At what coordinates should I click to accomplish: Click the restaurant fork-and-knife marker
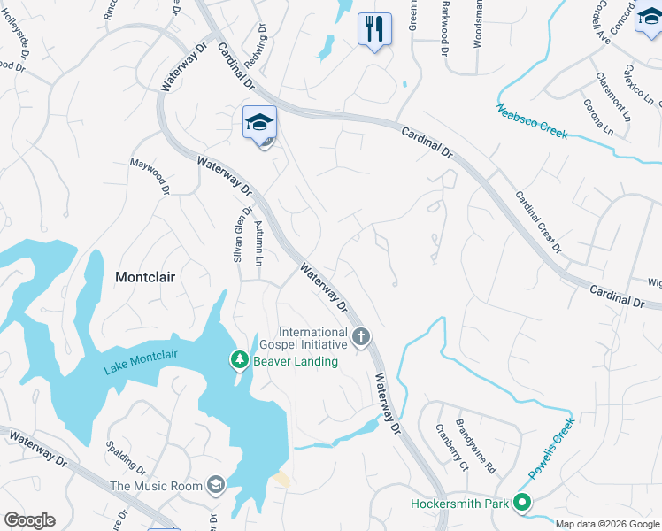(374, 28)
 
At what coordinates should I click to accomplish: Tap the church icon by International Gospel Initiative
(360, 336)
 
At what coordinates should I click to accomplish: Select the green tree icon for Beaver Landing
(238, 359)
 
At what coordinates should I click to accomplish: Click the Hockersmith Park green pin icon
(522, 504)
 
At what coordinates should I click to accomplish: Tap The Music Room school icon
(215, 484)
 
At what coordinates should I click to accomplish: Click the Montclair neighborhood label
(145, 277)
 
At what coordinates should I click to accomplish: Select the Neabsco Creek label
(531, 121)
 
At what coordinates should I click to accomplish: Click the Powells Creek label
(551, 448)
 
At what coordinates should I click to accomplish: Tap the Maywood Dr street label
(150, 175)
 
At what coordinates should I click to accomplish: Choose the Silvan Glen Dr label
(237, 233)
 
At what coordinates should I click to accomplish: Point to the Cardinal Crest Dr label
(538, 222)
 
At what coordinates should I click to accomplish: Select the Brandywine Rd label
(476, 445)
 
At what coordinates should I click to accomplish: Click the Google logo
(29, 520)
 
